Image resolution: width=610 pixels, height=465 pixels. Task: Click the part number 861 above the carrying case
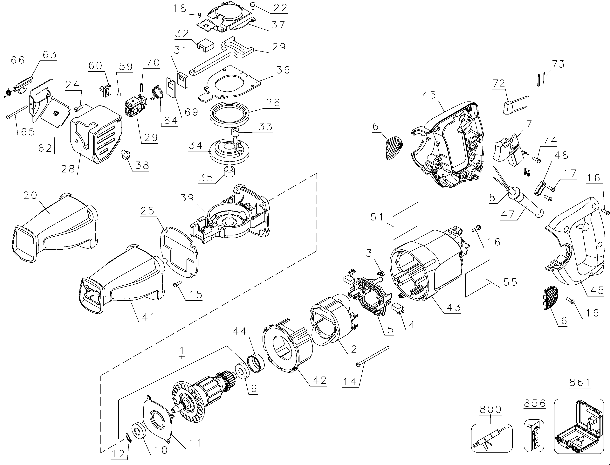click(580, 383)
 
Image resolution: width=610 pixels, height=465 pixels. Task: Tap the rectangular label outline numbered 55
click(478, 278)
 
